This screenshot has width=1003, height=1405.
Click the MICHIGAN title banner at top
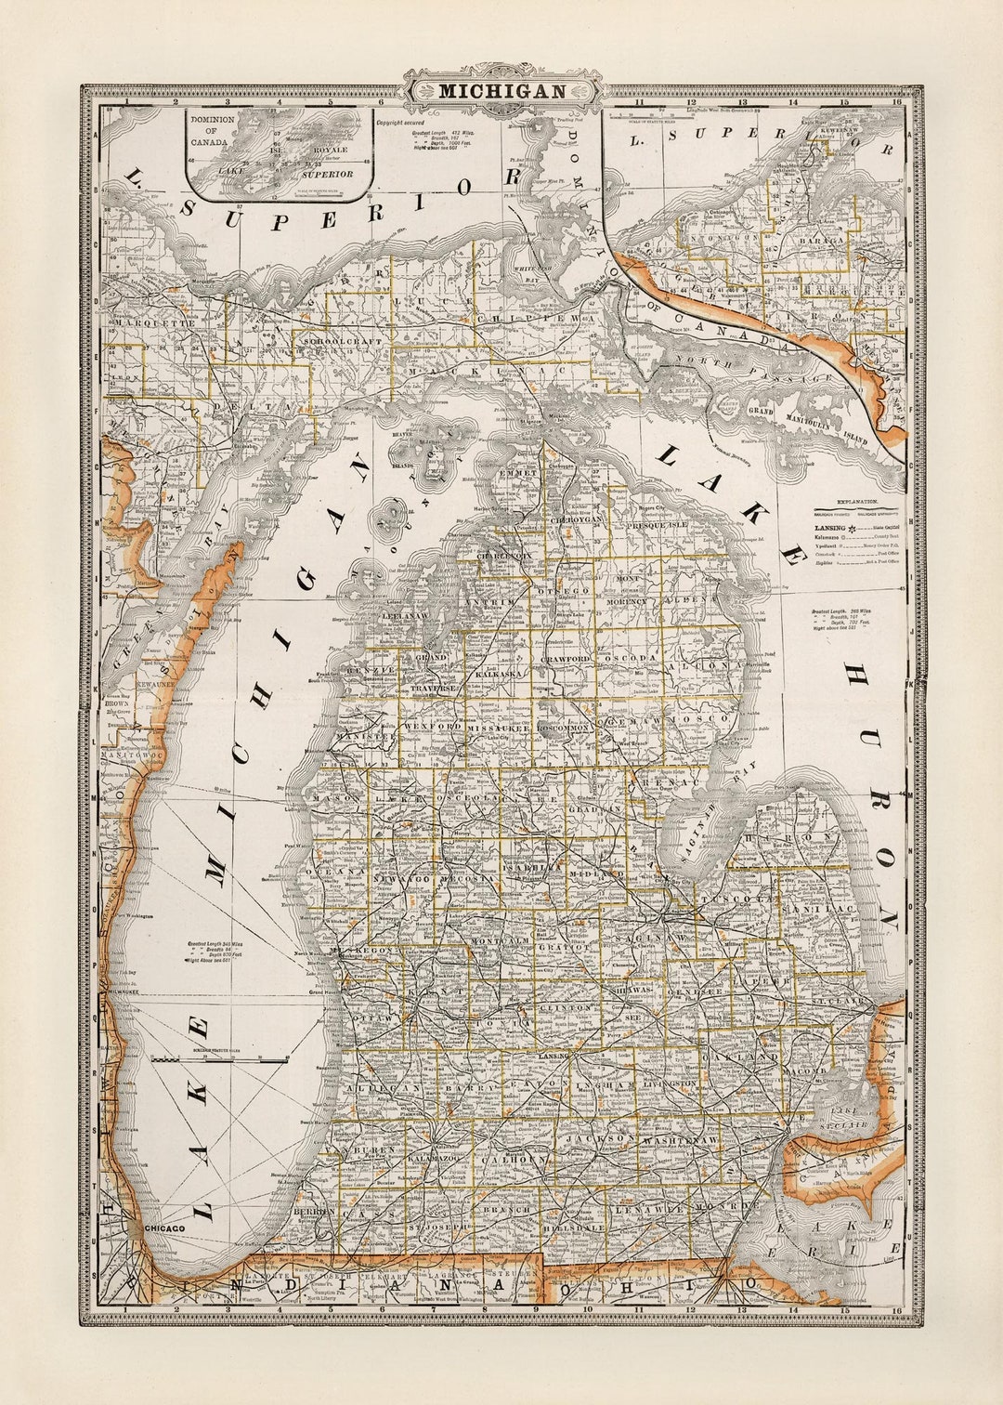click(x=501, y=91)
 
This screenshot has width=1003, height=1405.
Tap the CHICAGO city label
click(x=163, y=1228)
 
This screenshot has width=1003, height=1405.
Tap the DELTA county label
click(x=232, y=407)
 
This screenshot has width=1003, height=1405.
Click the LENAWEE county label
click(x=655, y=1210)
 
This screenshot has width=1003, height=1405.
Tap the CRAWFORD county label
click(x=566, y=659)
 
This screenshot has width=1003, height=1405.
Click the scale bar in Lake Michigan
click(x=220, y=1057)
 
